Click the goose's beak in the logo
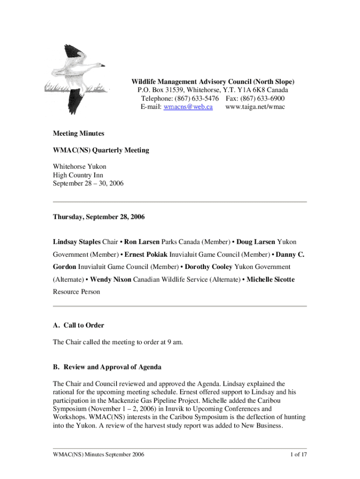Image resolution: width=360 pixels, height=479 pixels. click(x=101, y=65)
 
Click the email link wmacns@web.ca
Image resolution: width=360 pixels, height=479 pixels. click(x=187, y=107)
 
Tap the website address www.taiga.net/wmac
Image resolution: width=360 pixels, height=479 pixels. click(x=255, y=107)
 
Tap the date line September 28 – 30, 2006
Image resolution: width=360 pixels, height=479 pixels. click(x=88, y=184)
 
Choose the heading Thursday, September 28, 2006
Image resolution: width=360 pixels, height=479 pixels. click(x=99, y=217)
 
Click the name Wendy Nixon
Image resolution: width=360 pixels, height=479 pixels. click(x=110, y=279)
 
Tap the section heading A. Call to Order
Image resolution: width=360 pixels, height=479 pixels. click(x=79, y=325)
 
